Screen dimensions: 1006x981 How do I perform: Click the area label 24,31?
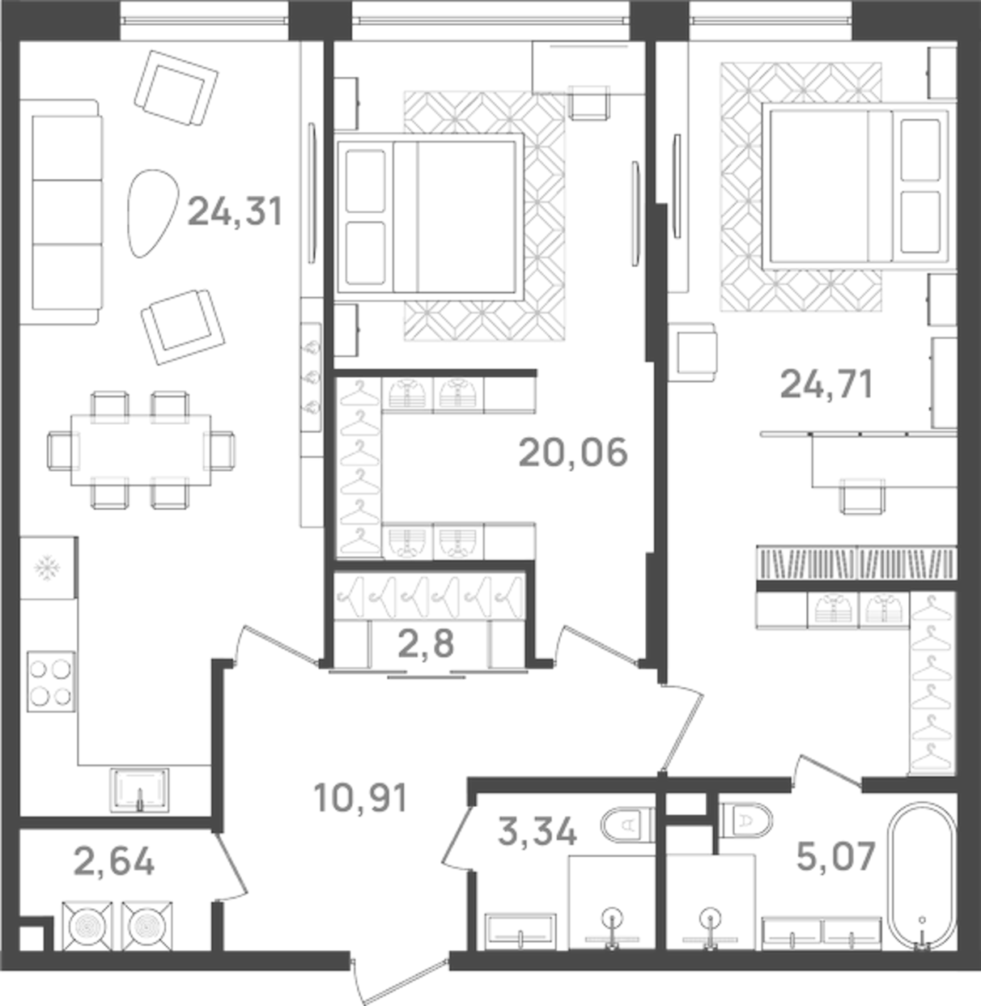(x=235, y=212)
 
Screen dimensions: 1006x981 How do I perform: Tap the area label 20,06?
(x=573, y=452)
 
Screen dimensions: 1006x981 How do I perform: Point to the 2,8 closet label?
(x=427, y=644)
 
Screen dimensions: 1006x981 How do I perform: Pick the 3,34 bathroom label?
(x=537, y=831)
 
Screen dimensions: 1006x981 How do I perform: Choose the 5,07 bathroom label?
(x=836, y=855)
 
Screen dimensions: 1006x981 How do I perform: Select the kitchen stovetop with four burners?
(x=51, y=681)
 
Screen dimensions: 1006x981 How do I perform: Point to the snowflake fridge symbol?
(x=48, y=568)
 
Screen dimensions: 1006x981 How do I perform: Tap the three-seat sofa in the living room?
(x=66, y=212)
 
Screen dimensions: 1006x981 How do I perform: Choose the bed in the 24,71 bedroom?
(x=858, y=185)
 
